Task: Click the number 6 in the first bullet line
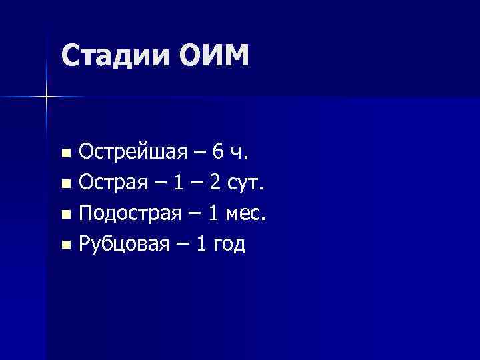tap(218, 153)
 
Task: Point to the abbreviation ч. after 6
tap(239, 155)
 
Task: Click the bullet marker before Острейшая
tap(65, 155)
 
